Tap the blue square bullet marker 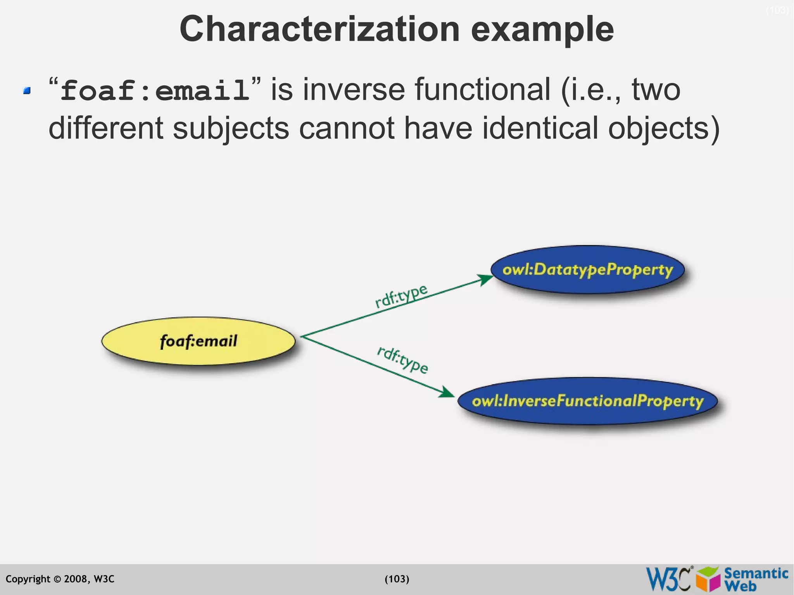pyautogui.click(x=27, y=91)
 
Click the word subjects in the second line pyautogui.click(x=231, y=128)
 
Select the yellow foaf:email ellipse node pyautogui.click(x=198, y=341)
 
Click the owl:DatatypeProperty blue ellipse pyautogui.click(x=587, y=269)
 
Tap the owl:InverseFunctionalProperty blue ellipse pyautogui.click(x=587, y=401)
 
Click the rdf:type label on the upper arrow pyautogui.click(x=401, y=296)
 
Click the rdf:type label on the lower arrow pyautogui.click(x=402, y=360)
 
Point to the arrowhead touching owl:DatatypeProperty pyautogui.click(x=485, y=279)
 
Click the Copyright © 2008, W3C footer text pyautogui.click(x=60, y=579)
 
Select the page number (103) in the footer pyautogui.click(x=397, y=579)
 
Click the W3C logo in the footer pyautogui.click(x=668, y=579)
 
